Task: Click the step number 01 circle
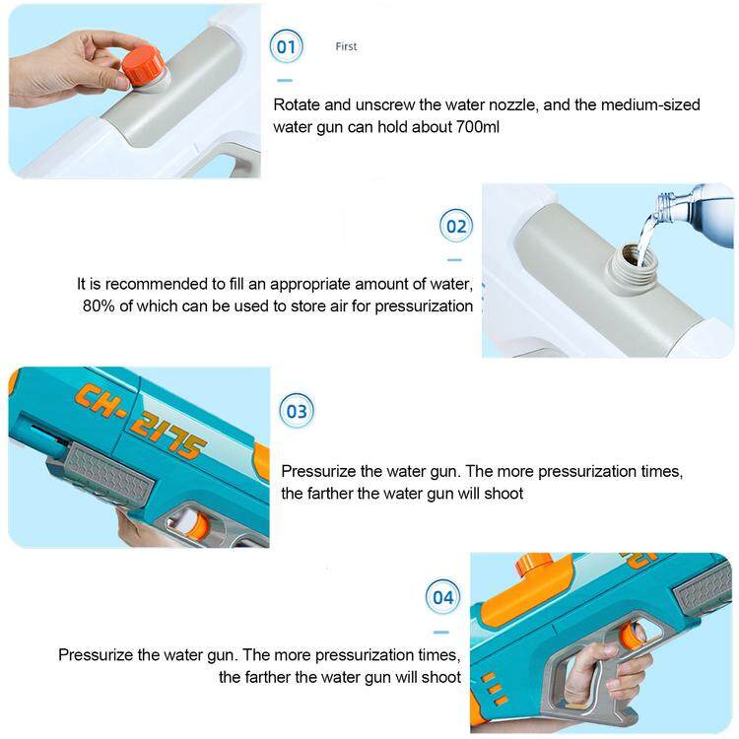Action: [x=286, y=46]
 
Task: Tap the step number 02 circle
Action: [x=456, y=226]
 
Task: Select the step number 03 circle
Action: [x=297, y=411]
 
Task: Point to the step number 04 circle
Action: [x=443, y=597]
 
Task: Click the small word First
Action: [x=346, y=46]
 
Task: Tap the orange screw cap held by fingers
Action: [x=143, y=67]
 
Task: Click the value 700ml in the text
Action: [x=478, y=127]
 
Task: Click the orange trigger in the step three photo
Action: [x=196, y=524]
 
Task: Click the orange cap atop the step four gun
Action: [x=534, y=565]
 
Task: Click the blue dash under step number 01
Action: [x=285, y=81]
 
